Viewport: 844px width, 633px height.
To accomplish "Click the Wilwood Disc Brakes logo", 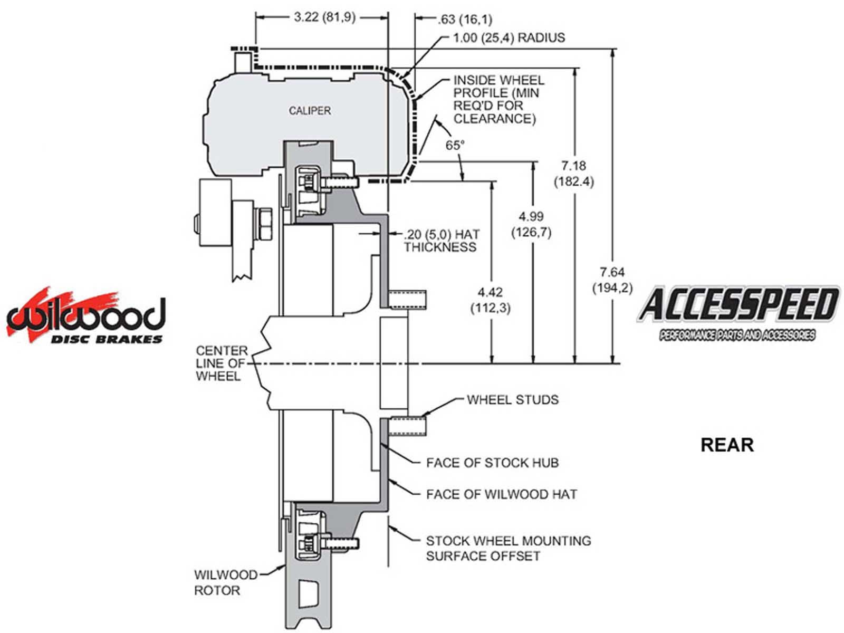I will coord(85,317).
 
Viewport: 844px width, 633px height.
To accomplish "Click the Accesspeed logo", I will coord(738,311).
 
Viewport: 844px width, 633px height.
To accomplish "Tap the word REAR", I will coord(727,445).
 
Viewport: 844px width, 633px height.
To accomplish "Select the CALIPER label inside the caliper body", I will coord(310,111).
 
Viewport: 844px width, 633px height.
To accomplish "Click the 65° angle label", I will coord(455,145).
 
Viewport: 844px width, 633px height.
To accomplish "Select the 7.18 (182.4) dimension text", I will coord(573,174).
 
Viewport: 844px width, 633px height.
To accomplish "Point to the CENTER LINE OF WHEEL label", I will coord(221,363).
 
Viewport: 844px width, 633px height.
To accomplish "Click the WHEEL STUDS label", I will coord(512,399).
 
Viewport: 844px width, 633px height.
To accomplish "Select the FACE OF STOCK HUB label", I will coord(492,463).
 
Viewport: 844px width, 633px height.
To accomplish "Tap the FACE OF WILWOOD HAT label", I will coord(501,494).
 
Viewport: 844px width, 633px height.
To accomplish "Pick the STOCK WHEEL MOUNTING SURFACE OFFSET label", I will coord(508,548).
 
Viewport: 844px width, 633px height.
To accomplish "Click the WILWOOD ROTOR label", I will coord(225,582).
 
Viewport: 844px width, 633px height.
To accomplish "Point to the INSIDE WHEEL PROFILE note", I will coord(498,99).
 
